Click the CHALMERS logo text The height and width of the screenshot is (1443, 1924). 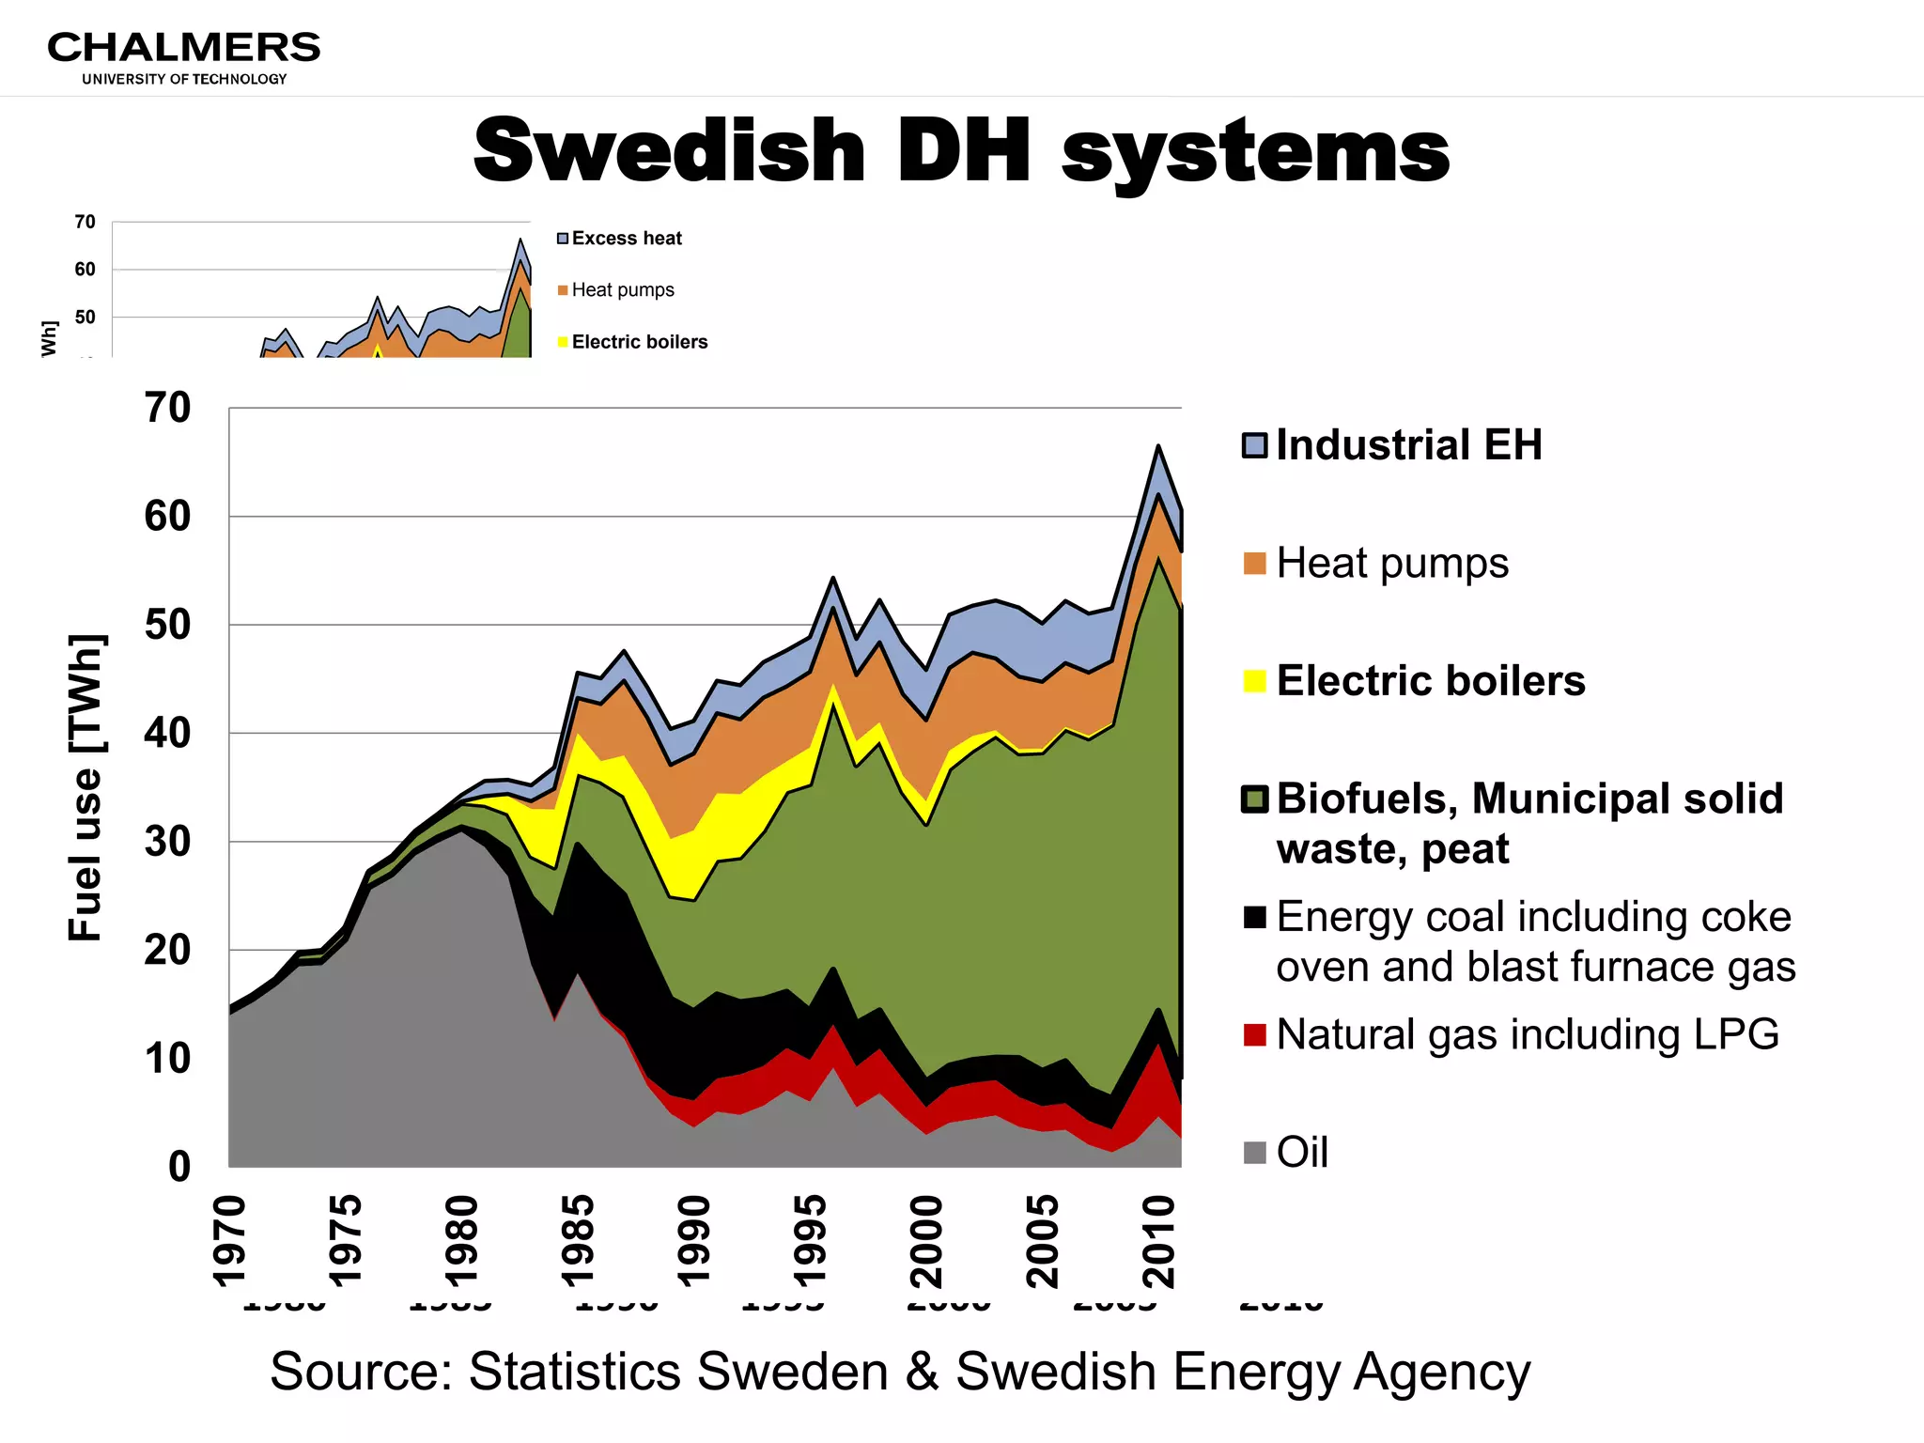click(x=183, y=47)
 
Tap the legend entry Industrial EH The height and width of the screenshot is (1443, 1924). click(x=1408, y=445)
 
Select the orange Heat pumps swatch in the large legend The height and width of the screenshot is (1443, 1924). click(x=1254, y=563)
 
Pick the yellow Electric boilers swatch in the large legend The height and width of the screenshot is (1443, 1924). click(x=1254, y=680)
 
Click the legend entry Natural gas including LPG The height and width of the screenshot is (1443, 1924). click(x=1527, y=1034)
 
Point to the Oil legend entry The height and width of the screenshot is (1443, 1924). click(x=1302, y=1152)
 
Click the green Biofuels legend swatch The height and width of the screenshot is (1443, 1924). click(x=1254, y=799)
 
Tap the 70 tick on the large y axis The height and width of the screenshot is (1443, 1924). click(x=167, y=408)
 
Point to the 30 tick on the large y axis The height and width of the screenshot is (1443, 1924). click(x=167, y=842)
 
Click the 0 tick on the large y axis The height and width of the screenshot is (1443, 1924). click(x=178, y=1167)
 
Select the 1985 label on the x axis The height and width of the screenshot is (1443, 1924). click(x=577, y=1240)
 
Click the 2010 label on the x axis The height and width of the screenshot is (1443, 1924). click(x=1158, y=1240)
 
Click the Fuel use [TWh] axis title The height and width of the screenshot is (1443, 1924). click(x=86, y=787)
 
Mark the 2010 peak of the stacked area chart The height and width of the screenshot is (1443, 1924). click(x=1158, y=445)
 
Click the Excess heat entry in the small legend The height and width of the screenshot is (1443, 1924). click(x=626, y=239)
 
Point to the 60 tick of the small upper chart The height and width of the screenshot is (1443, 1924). click(x=85, y=270)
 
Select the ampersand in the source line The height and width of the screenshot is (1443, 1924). click(x=922, y=1372)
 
